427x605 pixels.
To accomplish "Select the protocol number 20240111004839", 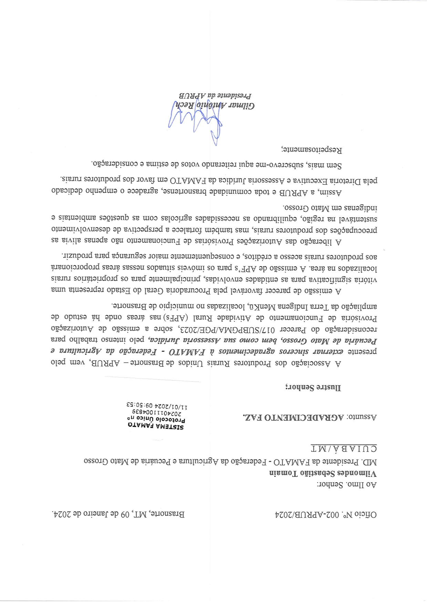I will (x=156, y=413).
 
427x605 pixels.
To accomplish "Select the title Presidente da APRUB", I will (x=215, y=95).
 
